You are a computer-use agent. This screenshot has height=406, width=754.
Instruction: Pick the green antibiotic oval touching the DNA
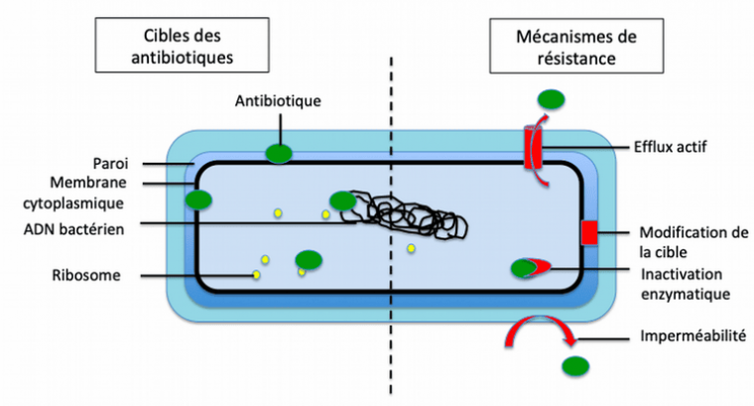[x=342, y=202]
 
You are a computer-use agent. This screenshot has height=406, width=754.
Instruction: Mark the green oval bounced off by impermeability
[x=572, y=366]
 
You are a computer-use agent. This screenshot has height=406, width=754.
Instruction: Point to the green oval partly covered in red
[x=526, y=267]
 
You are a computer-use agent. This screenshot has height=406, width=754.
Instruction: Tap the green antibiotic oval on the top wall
[x=279, y=154]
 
